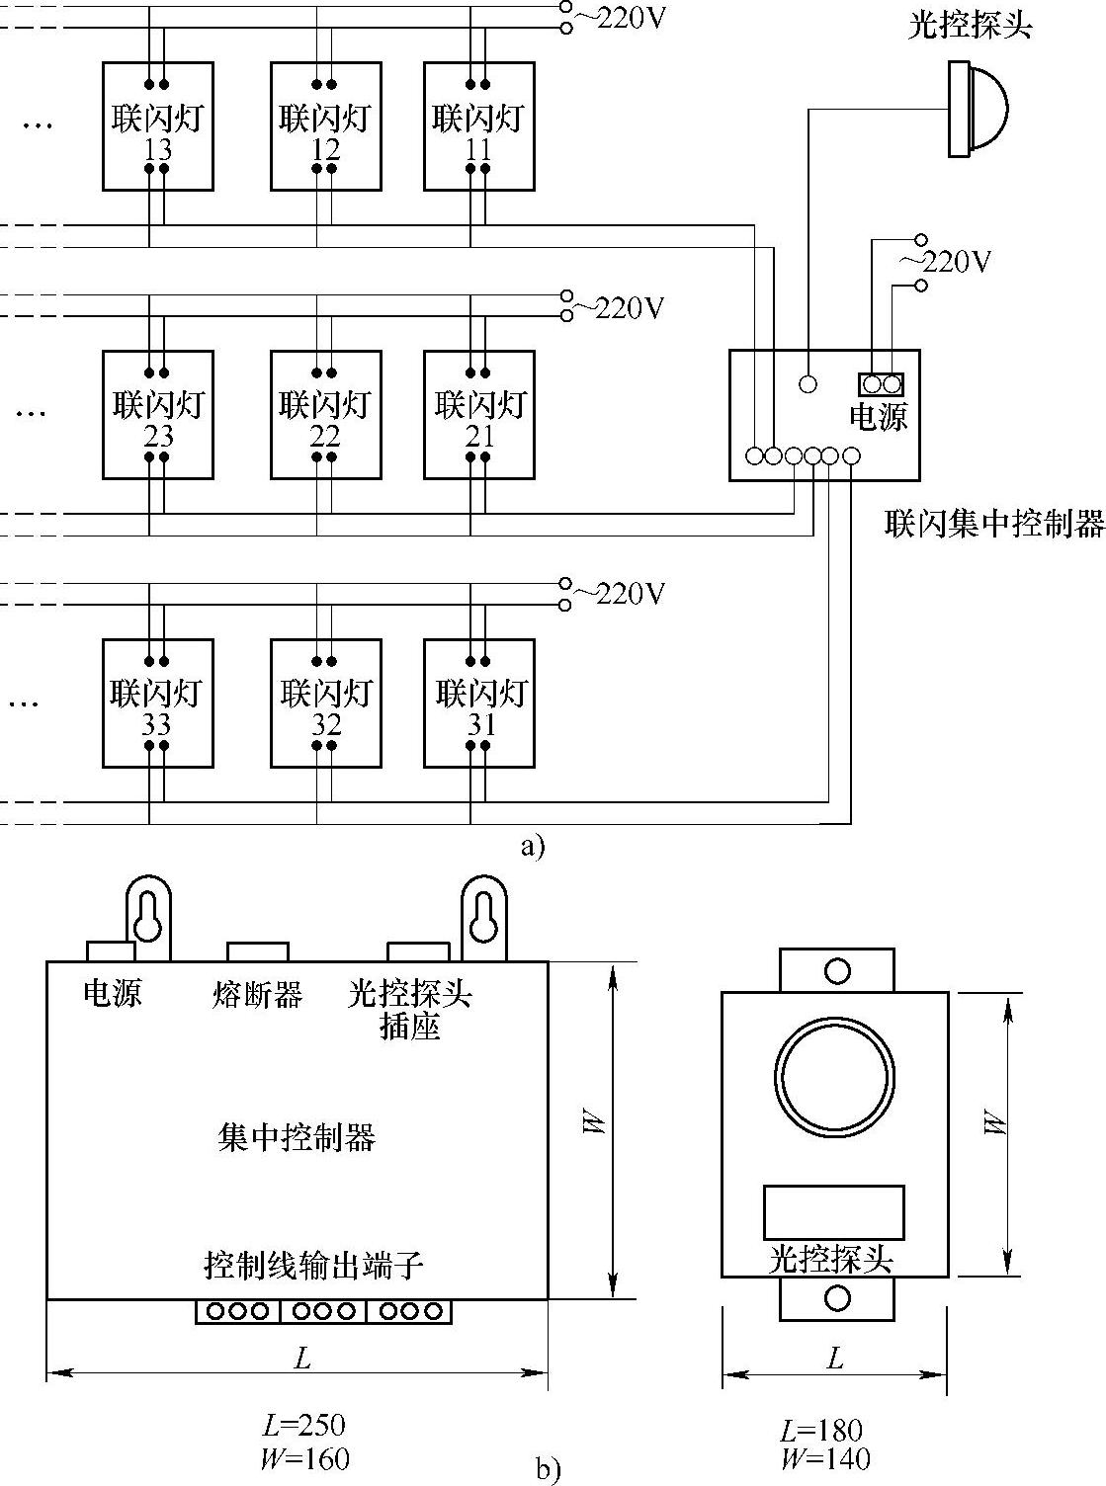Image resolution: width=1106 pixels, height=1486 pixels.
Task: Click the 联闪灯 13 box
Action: pyautogui.click(x=158, y=126)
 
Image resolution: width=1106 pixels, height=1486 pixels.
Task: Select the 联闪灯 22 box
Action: pyautogui.click(x=325, y=415)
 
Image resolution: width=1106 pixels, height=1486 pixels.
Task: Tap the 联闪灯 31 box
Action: pyautogui.click(x=479, y=703)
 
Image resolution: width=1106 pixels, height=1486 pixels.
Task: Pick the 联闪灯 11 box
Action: pyautogui.click(x=479, y=126)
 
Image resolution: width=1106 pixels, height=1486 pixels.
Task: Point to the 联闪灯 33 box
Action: pyautogui.click(x=158, y=703)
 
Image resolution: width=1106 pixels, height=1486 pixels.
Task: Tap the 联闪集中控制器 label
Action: pyautogui.click(x=993, y=524)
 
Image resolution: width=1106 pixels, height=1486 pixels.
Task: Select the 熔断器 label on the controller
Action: pyautogui.click(x=257, y=993)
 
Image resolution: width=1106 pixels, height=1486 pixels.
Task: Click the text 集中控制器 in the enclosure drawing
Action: pyautogui.click(x=297, y=1138)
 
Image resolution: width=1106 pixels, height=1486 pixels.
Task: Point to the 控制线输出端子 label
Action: pyautogui.click(x=313, y=1265)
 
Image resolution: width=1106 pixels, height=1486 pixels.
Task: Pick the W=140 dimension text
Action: pyautogui.click(x=825, y=1458)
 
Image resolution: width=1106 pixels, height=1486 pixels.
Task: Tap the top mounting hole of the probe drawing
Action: pyautogui.click(x=837, y=970)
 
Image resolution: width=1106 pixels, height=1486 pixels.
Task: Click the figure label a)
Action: pyautogui.click(x=532, y=846)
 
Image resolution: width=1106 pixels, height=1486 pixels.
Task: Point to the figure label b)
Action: pyautogui.click(x=548, y=1469)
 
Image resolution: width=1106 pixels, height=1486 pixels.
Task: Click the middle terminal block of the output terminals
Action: pyautogui.click(x=323, y=1311)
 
